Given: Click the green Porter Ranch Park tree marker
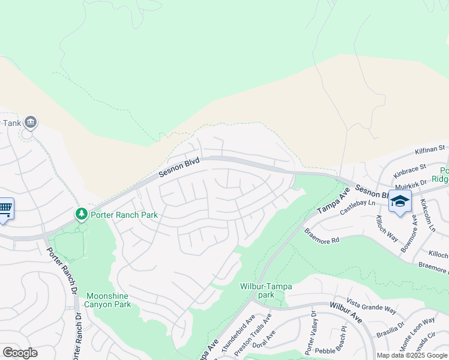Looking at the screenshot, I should pos(82,214).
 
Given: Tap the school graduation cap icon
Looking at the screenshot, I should pos(400,202).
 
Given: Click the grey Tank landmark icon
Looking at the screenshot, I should pos(31,123).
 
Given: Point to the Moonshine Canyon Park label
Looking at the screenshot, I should pos(109,300).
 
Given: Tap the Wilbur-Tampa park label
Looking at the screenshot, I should pos(266,290).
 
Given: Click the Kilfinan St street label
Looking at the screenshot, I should pos(429,148).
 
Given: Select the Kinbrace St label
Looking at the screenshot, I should pos(410,170).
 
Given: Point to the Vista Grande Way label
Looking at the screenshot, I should pos(372,306).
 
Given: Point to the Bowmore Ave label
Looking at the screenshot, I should pos(410,229).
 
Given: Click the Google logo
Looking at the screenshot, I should pos(20,353).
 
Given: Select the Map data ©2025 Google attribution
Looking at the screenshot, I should pos(412,355).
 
